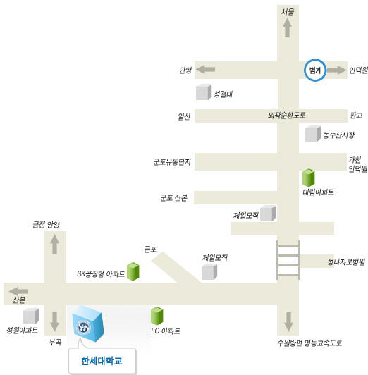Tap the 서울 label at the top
click(x=288, y=11)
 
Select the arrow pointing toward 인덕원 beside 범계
click(x=336, y=70)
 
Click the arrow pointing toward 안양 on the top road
click(x=205, y=69)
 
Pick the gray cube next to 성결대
click(x=204, y=92)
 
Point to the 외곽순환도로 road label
click(x=286, y=116)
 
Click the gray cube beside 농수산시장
click(x=313, y=134)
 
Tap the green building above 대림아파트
click(x=309, y=178)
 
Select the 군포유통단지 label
click(x=172, y=162)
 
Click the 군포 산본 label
click(x=173, y=198)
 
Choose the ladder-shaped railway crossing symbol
click(x=288, y=260)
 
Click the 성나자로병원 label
click(x=346, y=262)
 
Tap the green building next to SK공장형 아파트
click(x=133, y=271)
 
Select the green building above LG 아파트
click(x=157, y=316)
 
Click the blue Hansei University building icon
click(x=88, y=324)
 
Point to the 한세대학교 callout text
click(x=102, y=361)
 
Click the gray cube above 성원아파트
click(x=31, y=316)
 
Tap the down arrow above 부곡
click(x=55, y=322)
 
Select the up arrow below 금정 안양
click(x=54, y=244)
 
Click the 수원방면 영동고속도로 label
click(x=309, y=343)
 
